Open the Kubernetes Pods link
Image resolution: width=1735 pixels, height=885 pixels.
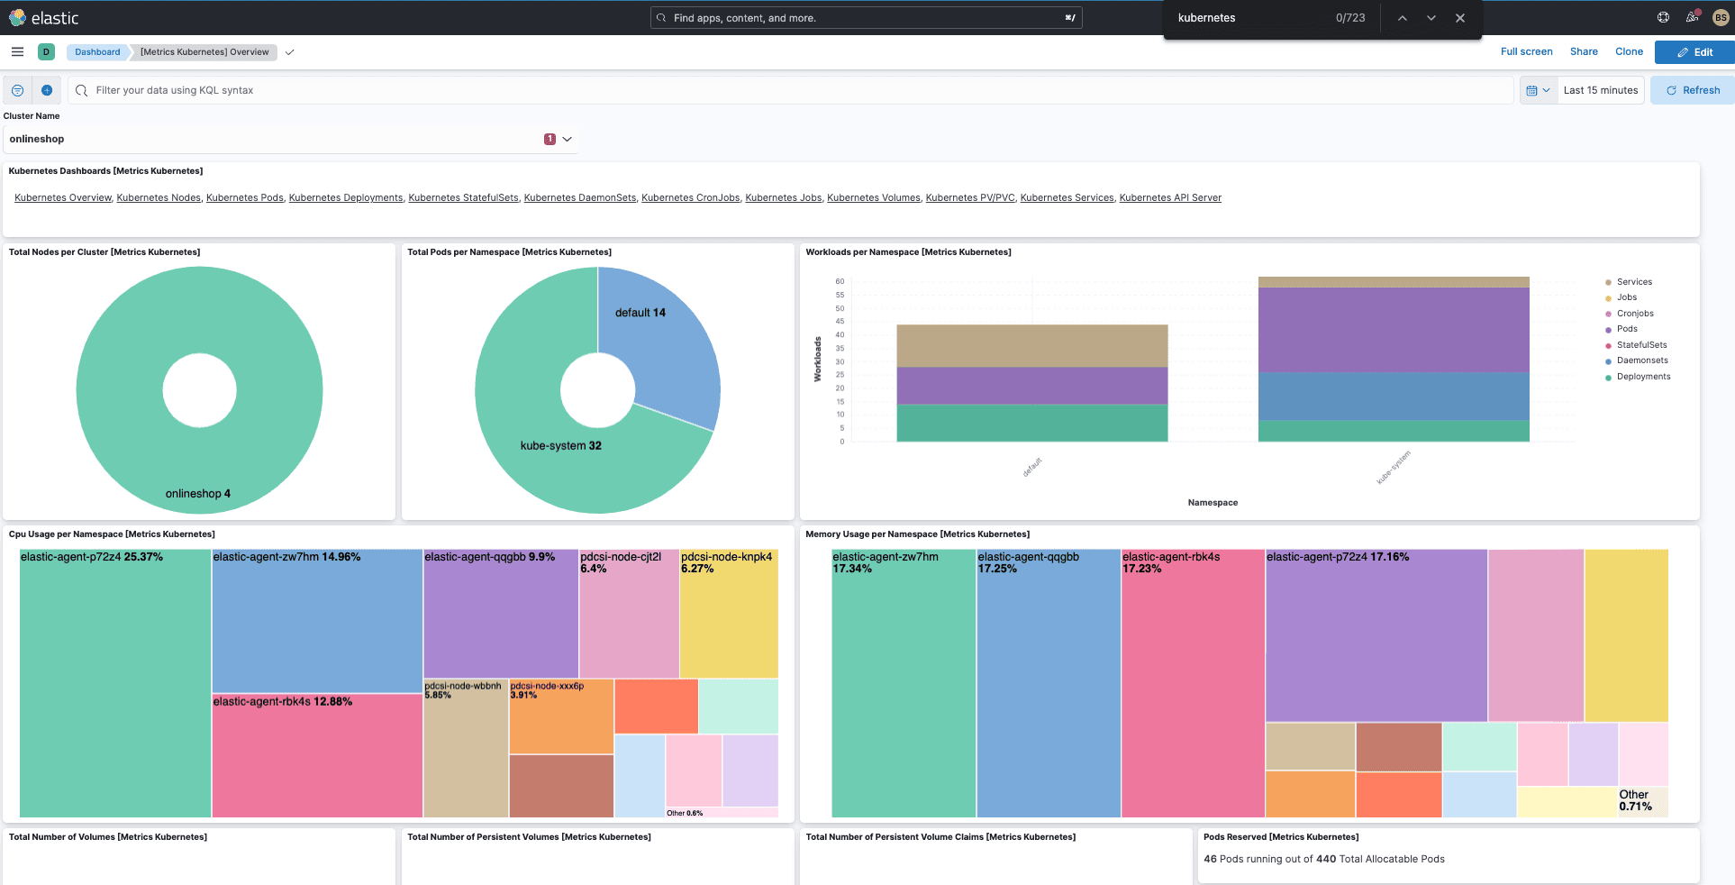(x=244, y=197)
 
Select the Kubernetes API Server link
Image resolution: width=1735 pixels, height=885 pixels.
(x=1169, y=197)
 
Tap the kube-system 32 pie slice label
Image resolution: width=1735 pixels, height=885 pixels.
(x=560, y=445)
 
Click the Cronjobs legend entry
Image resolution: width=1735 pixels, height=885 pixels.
(x=1634, y=314)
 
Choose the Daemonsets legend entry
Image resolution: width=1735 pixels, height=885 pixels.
(x=1641, y=360)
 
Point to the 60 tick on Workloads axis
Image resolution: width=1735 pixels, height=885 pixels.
(x=840, y=281)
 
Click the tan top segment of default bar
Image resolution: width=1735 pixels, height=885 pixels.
(x=1031, y=345)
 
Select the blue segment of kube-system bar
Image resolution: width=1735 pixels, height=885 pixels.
(x=1393, y=397)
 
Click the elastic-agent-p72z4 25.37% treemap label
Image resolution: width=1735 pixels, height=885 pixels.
(x=91, y=557)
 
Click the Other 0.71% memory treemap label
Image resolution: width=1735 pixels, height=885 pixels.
(x=1635, y=800)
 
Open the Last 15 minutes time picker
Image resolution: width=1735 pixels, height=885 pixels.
(x=1600, y=90)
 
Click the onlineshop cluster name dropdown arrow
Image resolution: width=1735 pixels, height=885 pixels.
(x=567, y=139)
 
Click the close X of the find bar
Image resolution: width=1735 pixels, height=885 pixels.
(x=1459, y=18)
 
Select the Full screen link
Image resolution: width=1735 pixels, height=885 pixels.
(x=1526, y=51)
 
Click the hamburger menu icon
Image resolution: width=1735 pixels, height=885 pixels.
(x=17, y=51)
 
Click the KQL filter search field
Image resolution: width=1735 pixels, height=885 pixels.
(x=793, y=90)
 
